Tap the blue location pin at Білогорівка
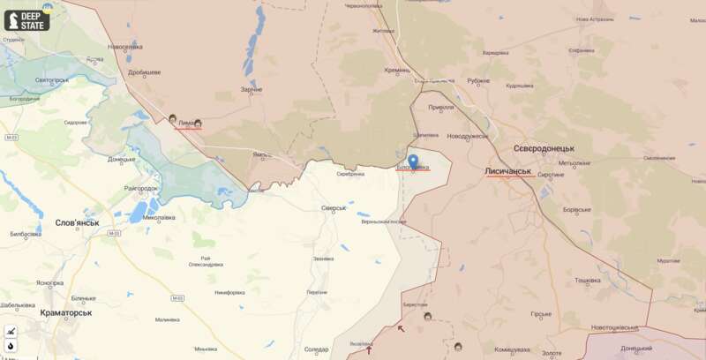point(413,161)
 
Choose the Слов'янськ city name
point(77,223)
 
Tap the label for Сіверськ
point(334,208)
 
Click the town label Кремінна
point(397,70)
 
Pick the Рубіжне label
point(478,80)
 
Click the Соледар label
point(316,349)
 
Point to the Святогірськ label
point(51,80)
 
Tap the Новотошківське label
point(614,327)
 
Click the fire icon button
point(11,345)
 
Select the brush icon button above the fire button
point(11,331)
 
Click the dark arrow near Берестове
point(401,328)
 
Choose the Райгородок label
point(141,188)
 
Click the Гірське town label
point(541,313)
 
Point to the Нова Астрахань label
point(594,19)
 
